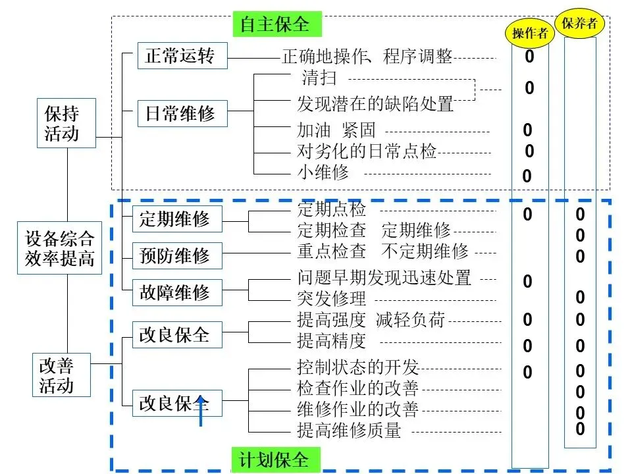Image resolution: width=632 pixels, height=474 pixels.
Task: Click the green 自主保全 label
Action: pyautogui.click(x=275, y=24)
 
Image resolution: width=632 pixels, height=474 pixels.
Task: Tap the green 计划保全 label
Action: pyautogui.click(x=275, y=460)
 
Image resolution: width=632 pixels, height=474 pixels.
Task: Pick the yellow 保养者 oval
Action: pyautogui.click(x=580, y=24)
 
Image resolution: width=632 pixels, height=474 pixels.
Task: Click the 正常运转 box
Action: pyautogui.click(x=180, y=56)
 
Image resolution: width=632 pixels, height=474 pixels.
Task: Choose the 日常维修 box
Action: pyautogui.click(x=180, y=113)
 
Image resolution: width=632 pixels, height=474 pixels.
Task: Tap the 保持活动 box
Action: pyautogui.click(x=66, y=123)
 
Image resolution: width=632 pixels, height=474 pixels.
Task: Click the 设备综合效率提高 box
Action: pyautogui.click(x=61, y=248)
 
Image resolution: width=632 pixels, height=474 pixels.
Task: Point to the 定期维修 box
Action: pyautogui.click(x=175, y=219)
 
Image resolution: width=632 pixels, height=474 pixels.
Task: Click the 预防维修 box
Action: pyautogui.click(x=175, y=255)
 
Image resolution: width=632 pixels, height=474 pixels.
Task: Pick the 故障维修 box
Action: pyautogui.click(x=175, y=292)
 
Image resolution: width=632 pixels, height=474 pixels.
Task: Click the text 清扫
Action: pyautogui.click(x=319, y=78)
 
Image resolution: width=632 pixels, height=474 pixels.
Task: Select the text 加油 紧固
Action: pyautogui.click(x=336, y=130)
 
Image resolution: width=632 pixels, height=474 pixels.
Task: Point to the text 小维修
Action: pyautogui.click(x=323, y=172)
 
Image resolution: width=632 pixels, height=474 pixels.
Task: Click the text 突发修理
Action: pyautogui.click(x=332, y=298)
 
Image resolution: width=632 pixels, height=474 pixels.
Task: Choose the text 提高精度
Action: pyautogui.click(x=332, y=340)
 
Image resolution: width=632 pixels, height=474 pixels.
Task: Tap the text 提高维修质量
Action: pyautogui.click(x=350, y=431)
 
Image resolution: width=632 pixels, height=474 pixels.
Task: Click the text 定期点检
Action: pyautogui.click(x=332, y=210)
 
